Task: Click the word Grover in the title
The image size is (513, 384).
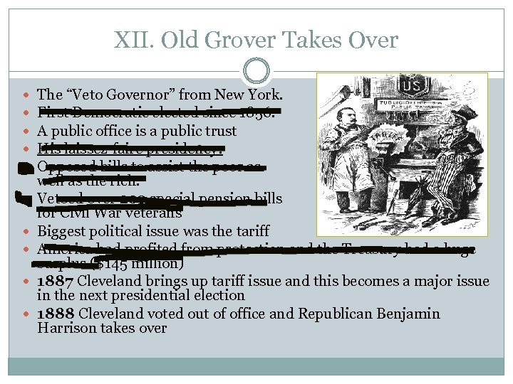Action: click(x=240, y=40)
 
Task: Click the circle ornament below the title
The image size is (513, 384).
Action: click(x=256, y=70)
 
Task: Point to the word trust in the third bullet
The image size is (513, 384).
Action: click(x=219, y=131)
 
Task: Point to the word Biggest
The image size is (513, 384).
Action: click(x=62, y=230)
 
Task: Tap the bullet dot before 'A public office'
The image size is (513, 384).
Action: click(x=27, y=132)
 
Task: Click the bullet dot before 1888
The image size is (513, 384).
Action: click(x=27, y=314)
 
